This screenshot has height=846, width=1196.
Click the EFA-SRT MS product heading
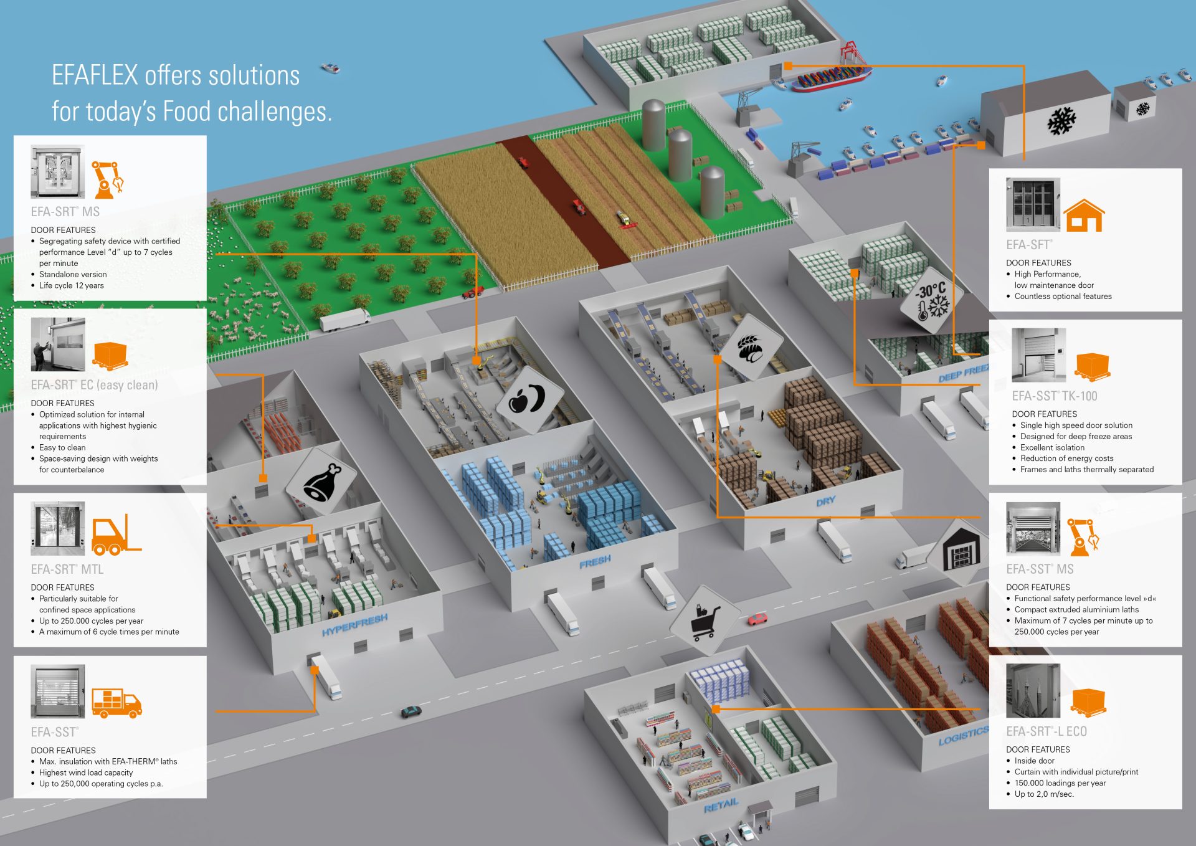[x=65, y=212]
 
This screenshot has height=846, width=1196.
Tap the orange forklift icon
[x=116, y=535]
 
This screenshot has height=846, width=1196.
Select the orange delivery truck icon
[x=116, y=703]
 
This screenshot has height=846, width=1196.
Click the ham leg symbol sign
[x=321, y=482]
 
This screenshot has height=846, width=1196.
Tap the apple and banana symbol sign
[x=528, y=399]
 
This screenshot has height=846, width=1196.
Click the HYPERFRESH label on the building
[x=354, y=624]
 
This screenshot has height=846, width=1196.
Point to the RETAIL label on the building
[x=721, y=806]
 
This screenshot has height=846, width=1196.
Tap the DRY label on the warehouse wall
[x=825, y=501]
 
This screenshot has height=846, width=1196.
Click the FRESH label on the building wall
[x=595, y=562]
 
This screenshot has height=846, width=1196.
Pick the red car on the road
[x=757, y=619]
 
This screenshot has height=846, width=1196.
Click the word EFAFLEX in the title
[x=95, y=75]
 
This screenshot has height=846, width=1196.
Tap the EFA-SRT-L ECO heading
[x=1046, y=731]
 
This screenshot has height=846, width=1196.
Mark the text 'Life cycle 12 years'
[x=71, y=285]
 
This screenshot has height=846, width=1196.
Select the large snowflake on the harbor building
[x=1061, y=120]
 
